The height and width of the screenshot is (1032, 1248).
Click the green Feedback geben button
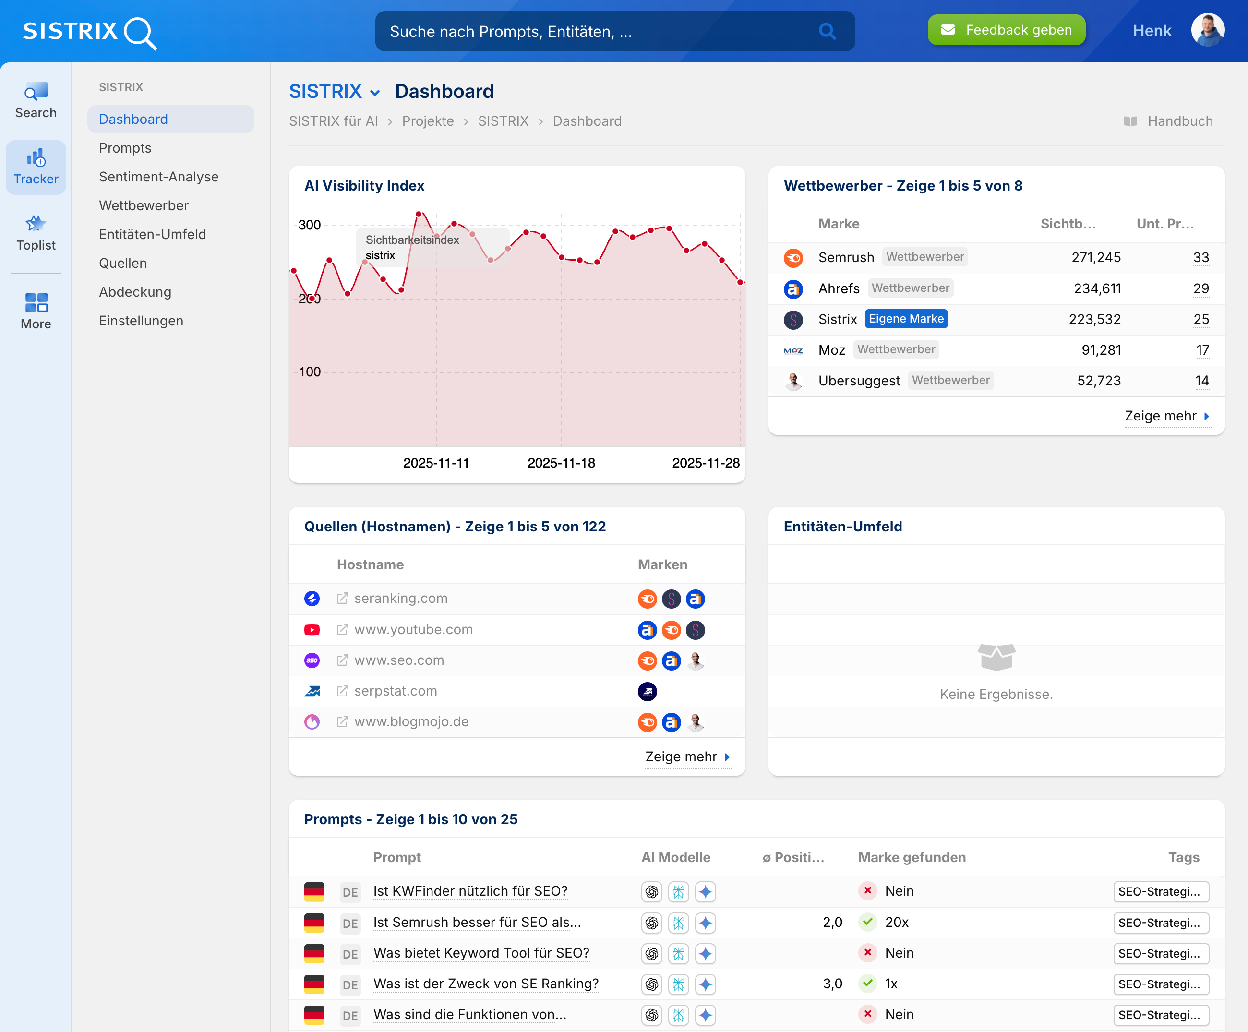1006,30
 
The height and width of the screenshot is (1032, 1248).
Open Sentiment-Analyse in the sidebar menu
159,177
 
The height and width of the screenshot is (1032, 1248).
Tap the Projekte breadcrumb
427,121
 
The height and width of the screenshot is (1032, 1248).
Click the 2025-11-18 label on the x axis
561,463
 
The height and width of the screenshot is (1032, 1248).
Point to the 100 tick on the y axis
309,372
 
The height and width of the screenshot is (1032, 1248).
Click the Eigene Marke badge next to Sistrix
906,319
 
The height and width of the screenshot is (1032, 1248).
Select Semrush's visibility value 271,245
1095,257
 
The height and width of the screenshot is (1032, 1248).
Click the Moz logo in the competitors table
793,350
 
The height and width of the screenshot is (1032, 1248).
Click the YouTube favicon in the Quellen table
312,630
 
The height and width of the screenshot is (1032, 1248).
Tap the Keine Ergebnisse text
996,694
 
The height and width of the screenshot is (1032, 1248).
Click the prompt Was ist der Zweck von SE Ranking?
486,984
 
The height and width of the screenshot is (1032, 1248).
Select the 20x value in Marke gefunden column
896,922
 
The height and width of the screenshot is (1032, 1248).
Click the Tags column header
1183,857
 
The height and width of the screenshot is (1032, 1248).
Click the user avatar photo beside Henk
1207,30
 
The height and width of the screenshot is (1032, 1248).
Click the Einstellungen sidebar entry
141,321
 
